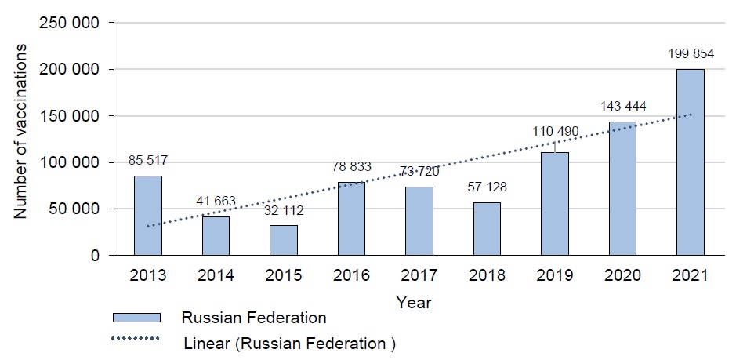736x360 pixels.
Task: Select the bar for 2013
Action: point(148,216)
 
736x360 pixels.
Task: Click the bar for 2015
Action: point(283,240)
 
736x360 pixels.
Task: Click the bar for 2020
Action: point(622,188)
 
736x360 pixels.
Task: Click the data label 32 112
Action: point(283,210)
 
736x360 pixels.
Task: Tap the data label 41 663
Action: point(216,201)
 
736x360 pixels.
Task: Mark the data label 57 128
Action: point(487,187)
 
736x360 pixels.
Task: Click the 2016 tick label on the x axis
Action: point(351,276)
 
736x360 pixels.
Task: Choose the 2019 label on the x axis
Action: point(554,276)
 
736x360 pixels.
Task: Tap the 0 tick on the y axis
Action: point(94,256)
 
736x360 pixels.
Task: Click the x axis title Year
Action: point(413,301)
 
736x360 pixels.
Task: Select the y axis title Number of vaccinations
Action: point(22,133)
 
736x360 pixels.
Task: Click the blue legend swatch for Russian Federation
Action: point(136,318)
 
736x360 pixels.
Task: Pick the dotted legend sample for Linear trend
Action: point(136,339)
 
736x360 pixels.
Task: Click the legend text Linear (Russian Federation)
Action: point(285,343)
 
